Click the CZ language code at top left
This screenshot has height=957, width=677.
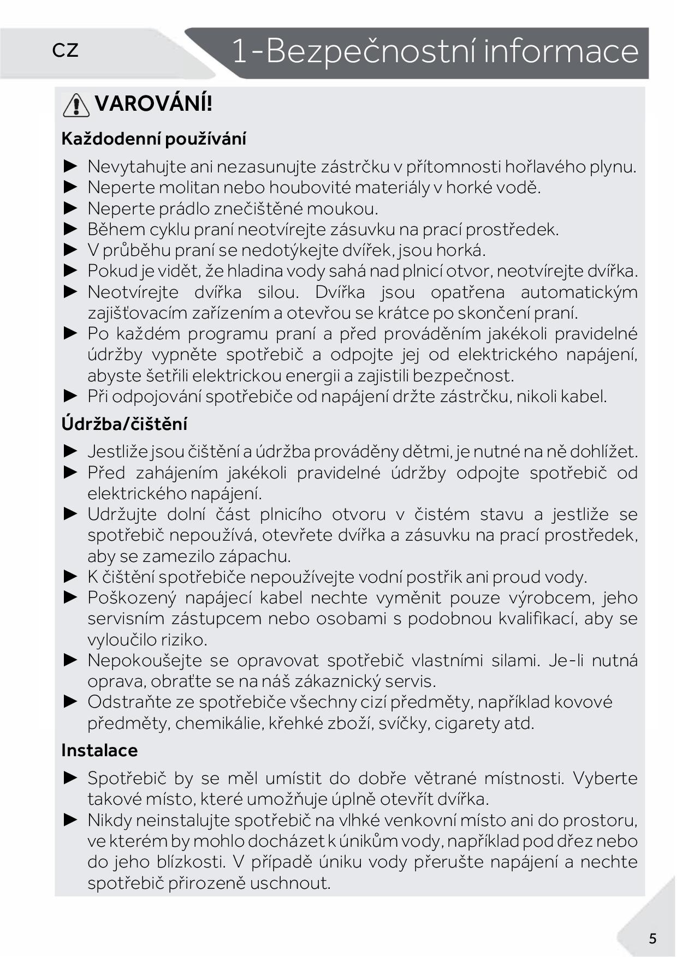(x=66, y=51)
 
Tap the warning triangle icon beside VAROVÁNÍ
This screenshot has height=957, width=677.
(x=76, y=105)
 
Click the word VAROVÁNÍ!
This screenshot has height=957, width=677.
(x=153, y=103)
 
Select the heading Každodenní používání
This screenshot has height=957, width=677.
(x=153, y=139)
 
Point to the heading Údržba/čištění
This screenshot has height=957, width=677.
(x=124, y=424)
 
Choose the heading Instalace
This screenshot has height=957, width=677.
(x=99, y=750)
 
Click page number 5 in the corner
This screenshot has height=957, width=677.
(x=652, y=938)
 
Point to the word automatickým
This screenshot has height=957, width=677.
(x=579, y=292)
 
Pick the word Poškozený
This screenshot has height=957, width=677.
(x=132, y=598)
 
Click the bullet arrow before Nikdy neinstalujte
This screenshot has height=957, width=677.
(x=71, y=820)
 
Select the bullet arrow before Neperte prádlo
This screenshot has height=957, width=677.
(x=71, y=208)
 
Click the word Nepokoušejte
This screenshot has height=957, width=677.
(x=145, y=661)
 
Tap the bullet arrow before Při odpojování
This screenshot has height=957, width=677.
(x=71, y=396)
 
